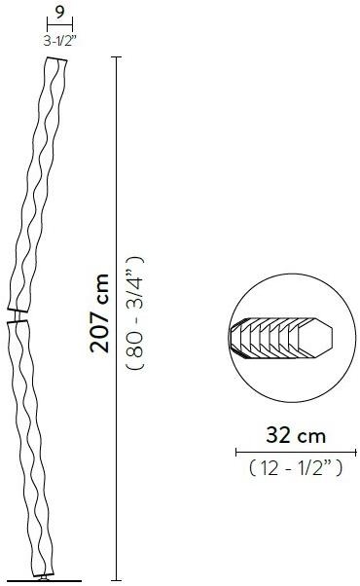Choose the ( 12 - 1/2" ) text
(296, 469)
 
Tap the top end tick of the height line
(118, 57)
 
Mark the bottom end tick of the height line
(118, 577)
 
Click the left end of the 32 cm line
(236, 451)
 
